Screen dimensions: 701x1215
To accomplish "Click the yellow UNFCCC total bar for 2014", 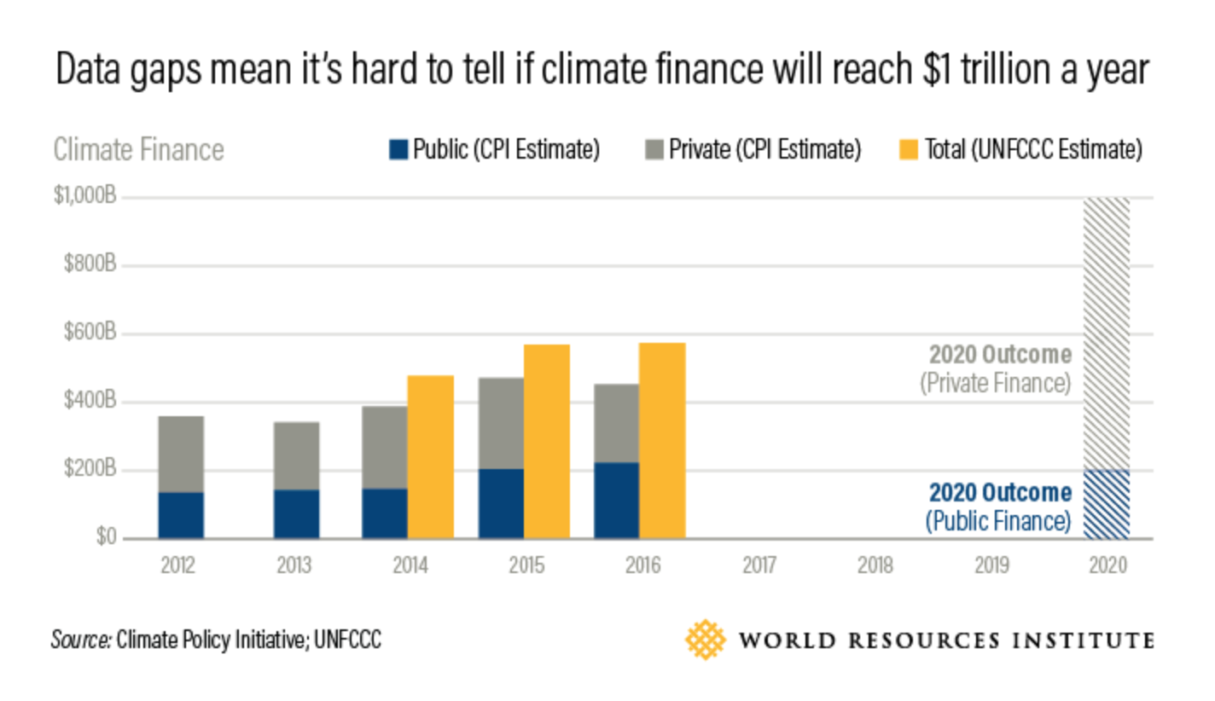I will pos(430,456).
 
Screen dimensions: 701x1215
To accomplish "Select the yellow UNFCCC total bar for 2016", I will pos(662,440).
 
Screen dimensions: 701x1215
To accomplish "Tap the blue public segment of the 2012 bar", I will pos(181,515).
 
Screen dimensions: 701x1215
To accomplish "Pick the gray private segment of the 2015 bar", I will pos(501,423).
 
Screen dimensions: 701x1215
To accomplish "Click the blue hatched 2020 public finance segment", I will pos(1106,504).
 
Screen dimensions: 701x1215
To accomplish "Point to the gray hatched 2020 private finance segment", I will pos(1106,333).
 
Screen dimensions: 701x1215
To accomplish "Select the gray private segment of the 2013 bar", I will pos(297,455).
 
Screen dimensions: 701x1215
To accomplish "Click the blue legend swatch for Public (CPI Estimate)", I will pos(398,150).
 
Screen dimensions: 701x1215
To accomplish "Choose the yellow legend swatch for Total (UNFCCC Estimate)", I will pos(910,150).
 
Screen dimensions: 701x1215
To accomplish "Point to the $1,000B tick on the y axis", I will pos(84,197).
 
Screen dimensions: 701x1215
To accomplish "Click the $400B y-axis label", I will pos(90,402).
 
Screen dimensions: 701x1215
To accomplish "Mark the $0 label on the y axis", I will pos(107,538).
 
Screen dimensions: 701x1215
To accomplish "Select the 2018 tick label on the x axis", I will pos(875,565).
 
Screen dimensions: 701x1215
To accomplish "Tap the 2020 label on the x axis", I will pos(1107,565).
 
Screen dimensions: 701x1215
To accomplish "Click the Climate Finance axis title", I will pos(138,150).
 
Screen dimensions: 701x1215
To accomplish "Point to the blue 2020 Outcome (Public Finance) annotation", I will pos(998,506).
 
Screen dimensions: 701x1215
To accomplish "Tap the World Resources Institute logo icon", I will pos(705,640).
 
